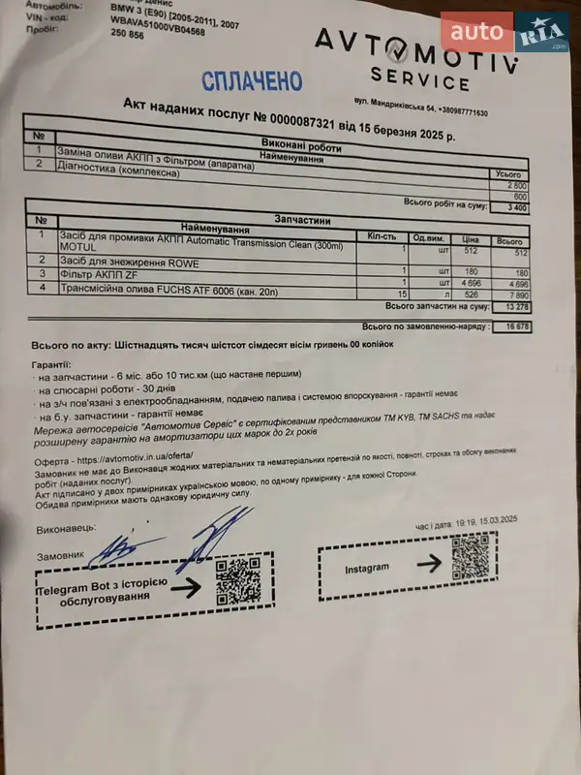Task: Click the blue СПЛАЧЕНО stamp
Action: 252,81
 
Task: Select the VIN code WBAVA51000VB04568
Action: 159,31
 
